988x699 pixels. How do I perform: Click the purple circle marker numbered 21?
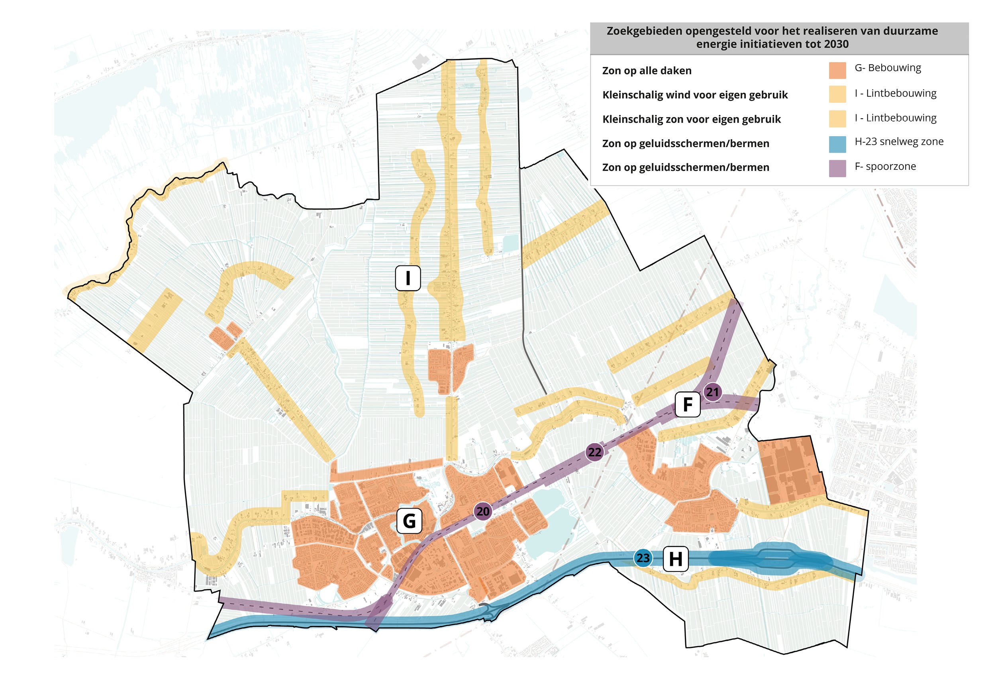tap(712, 392)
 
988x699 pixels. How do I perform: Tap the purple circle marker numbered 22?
tap(595, 452)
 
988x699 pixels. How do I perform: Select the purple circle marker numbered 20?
tap(483, 511)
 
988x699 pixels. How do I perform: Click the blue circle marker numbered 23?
tap(643, 558)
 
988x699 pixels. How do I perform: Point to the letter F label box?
tap(687, 404)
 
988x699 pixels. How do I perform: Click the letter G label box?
tap(409, 521)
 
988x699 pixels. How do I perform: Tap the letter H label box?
tap(675, 559)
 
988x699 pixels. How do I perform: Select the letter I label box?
tap(408, 278)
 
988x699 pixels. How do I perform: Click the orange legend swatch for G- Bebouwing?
tap(837, 71)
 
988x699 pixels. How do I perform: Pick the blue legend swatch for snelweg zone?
tap(837, 144)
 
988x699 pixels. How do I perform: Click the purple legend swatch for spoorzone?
tap(837, 168)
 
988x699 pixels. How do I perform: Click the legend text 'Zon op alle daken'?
tap(646, 71)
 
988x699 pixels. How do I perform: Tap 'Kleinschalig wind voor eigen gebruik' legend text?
tap(694, 95)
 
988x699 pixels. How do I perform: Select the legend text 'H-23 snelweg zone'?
tap(898, 141)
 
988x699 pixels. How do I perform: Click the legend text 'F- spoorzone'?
tap(885, 167)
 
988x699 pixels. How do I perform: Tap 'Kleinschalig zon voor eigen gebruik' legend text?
tap(691, 119)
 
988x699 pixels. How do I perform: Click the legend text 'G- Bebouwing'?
tap(887, 68)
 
